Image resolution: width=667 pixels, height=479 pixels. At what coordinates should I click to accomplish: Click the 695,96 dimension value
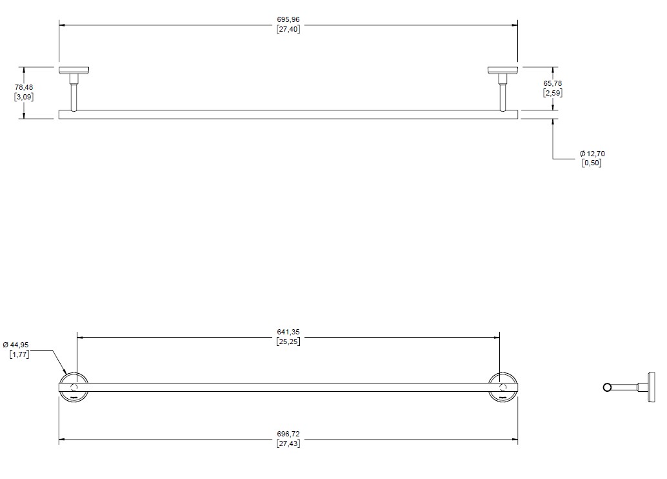click(288, 19)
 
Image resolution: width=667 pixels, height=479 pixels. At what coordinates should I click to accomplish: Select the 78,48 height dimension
click(24, 87)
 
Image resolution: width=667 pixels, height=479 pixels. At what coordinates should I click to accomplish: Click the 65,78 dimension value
click(553, 83)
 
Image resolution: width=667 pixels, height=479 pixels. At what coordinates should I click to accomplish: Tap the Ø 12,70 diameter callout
click(592, 154)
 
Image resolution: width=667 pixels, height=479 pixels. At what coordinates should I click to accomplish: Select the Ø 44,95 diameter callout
click(15, 345)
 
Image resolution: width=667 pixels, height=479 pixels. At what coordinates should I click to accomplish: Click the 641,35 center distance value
click(288, 332)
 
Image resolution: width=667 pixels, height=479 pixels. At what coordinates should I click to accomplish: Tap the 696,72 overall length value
click(288, 434)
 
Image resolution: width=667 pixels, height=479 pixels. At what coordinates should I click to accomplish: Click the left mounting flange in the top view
click(74, 70)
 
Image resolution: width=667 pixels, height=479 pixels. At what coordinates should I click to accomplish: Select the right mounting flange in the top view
click(503, 70)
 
